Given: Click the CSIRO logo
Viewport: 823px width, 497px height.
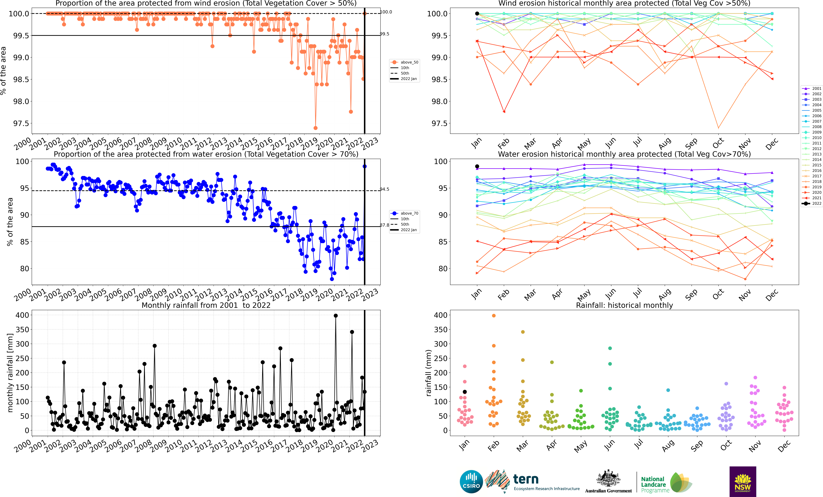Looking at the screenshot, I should tap(471, 482).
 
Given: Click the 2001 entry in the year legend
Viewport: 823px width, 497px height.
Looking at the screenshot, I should tap(812, 89).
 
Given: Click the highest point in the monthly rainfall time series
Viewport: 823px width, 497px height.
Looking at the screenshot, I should tap(336, 316).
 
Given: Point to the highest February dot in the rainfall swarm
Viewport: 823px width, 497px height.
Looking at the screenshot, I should tap(494, 316).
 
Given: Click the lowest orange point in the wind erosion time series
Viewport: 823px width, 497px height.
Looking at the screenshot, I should tap(315, 128).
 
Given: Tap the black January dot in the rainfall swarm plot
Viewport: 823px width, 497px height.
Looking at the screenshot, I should tap(465, 392).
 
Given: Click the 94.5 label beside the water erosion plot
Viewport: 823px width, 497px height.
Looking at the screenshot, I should tap(384, 189).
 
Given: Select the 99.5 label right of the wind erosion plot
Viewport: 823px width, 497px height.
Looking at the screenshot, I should tap(384, 34).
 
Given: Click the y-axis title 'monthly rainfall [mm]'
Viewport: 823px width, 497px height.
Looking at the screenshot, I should tap(10, 373).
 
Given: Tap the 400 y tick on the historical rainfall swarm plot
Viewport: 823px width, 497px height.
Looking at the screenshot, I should tap(440, 315).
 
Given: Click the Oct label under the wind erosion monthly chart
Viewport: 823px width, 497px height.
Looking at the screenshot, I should tap(718, 143).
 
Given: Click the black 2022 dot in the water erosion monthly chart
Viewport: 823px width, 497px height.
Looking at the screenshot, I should tap(477, 166).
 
